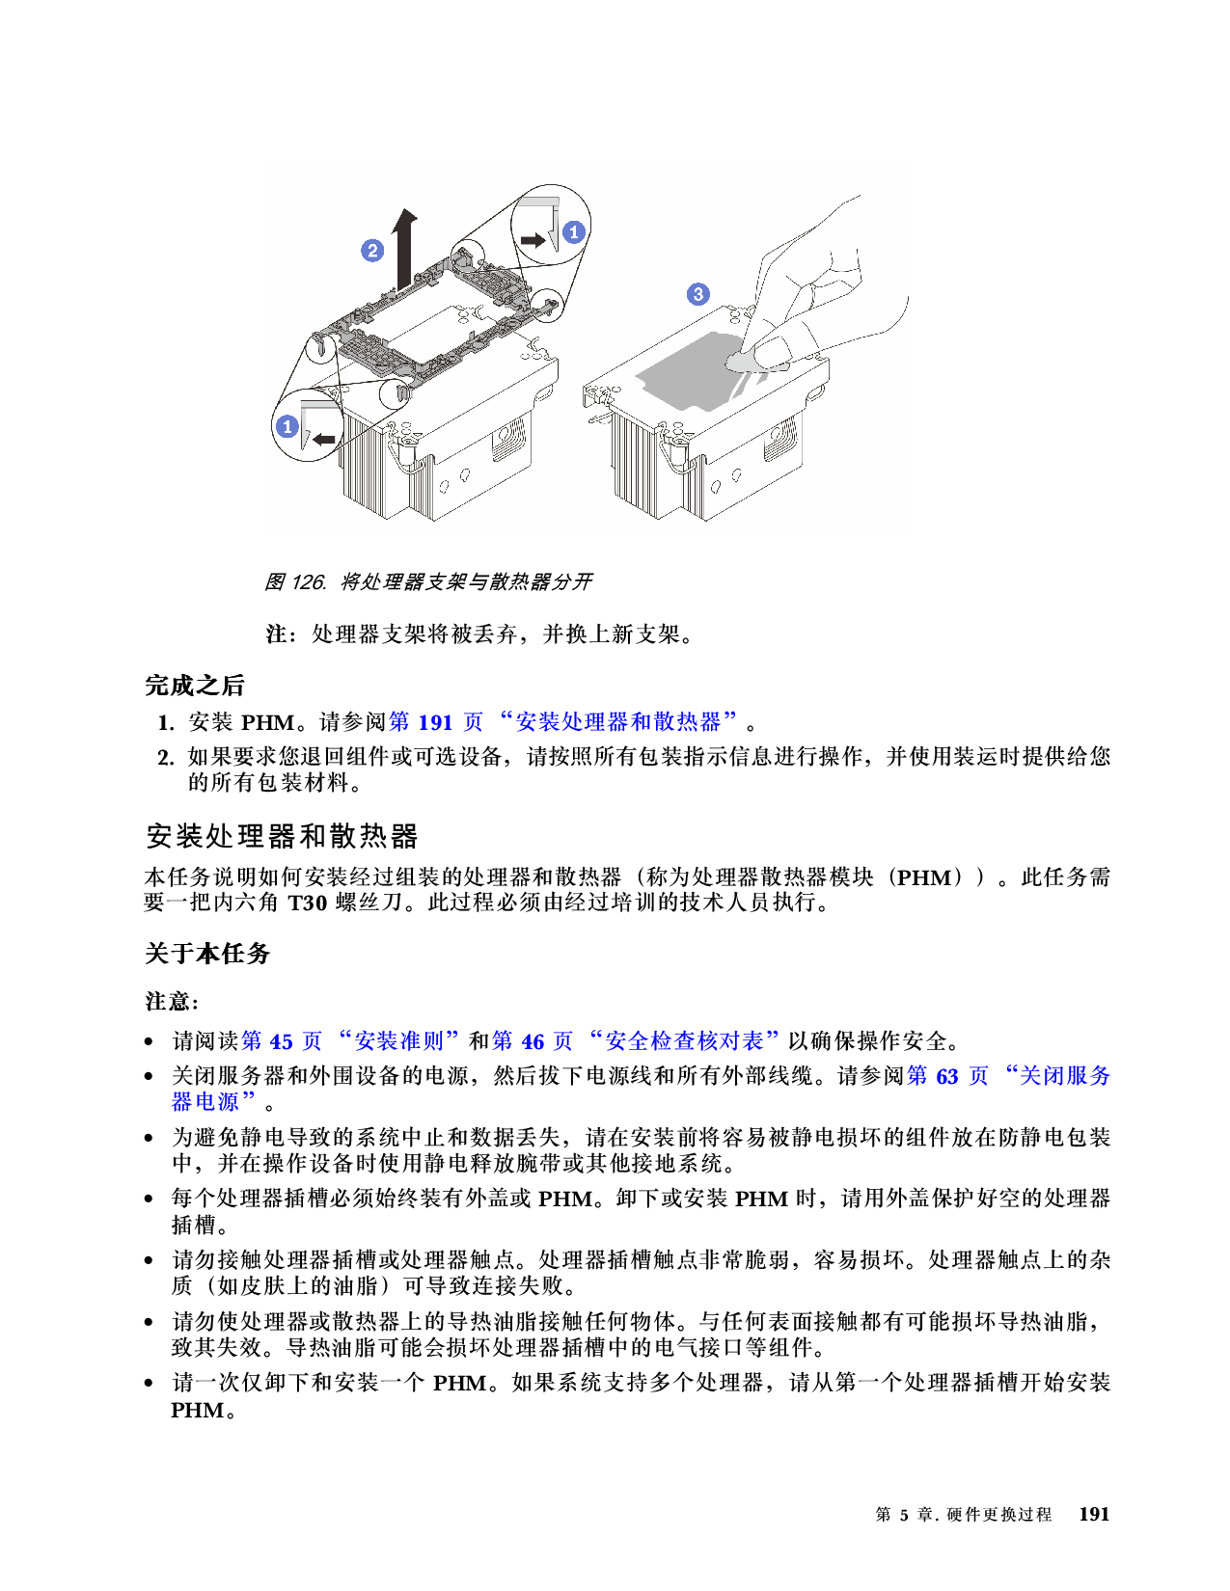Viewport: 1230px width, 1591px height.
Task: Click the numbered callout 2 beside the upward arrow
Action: pyautogui.click(x=372, y=251)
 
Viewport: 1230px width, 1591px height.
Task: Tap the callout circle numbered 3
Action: pyautogui.click(x=698, y=294)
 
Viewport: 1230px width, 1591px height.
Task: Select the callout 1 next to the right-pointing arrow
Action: pyautogui.click(x=574, y=231)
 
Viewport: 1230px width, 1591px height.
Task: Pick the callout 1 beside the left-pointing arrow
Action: pyautogui.click(x=287, y=426)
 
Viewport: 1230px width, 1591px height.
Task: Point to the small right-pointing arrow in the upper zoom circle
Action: pyautogui.click(x=533, y=239)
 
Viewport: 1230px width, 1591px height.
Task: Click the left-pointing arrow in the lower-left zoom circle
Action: pyautogui.click(x=322, y=440)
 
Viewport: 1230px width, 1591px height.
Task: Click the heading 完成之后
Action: pyautogui.click(x=195, y=686)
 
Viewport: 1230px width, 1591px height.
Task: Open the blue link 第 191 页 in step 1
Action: pyautogui.click(x=436, y=722)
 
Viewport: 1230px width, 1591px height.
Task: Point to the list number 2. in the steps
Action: pyautogui.click(x=166, y=757)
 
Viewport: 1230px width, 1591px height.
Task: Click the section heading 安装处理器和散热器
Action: pyautogui.click(x=282, y=835)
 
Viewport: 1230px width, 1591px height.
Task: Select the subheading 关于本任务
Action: pyautogui.click(x=207, y=954)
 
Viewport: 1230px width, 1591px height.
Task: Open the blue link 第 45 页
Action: pyautogui.click(x=282, y=1041)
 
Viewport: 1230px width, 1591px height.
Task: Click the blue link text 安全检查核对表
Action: pyautogui.click(x=684, y=1041)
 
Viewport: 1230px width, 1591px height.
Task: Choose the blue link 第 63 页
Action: pyautogui.click(x=947, y=1076)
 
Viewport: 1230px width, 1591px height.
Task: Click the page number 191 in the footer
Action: pyautogui.click(x=1094, y=1514)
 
